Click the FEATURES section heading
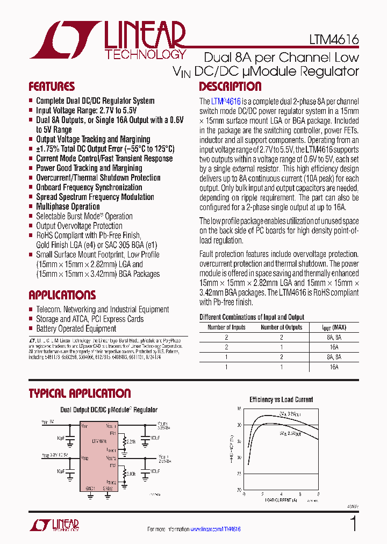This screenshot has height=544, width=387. coord(52,87)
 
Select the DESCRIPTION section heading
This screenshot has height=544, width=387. coord(230,87)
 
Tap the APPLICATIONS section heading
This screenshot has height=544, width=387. coord(62,295)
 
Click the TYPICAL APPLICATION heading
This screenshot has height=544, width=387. coord(80,393)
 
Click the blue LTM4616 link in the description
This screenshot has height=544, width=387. coord(226,101)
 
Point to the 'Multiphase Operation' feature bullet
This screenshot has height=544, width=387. coord(68,206)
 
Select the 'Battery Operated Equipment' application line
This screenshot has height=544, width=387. coord(76,328)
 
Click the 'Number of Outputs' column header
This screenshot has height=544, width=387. coord(281,327)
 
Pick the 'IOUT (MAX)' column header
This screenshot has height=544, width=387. coord(334,327)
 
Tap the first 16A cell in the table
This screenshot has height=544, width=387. coord(334,347)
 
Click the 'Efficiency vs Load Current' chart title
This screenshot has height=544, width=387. coord(281,399)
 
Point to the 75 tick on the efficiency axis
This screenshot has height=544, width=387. coord(239,474)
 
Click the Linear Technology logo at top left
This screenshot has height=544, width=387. coord(107,40)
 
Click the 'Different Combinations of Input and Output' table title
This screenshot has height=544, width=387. coord(252,317)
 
